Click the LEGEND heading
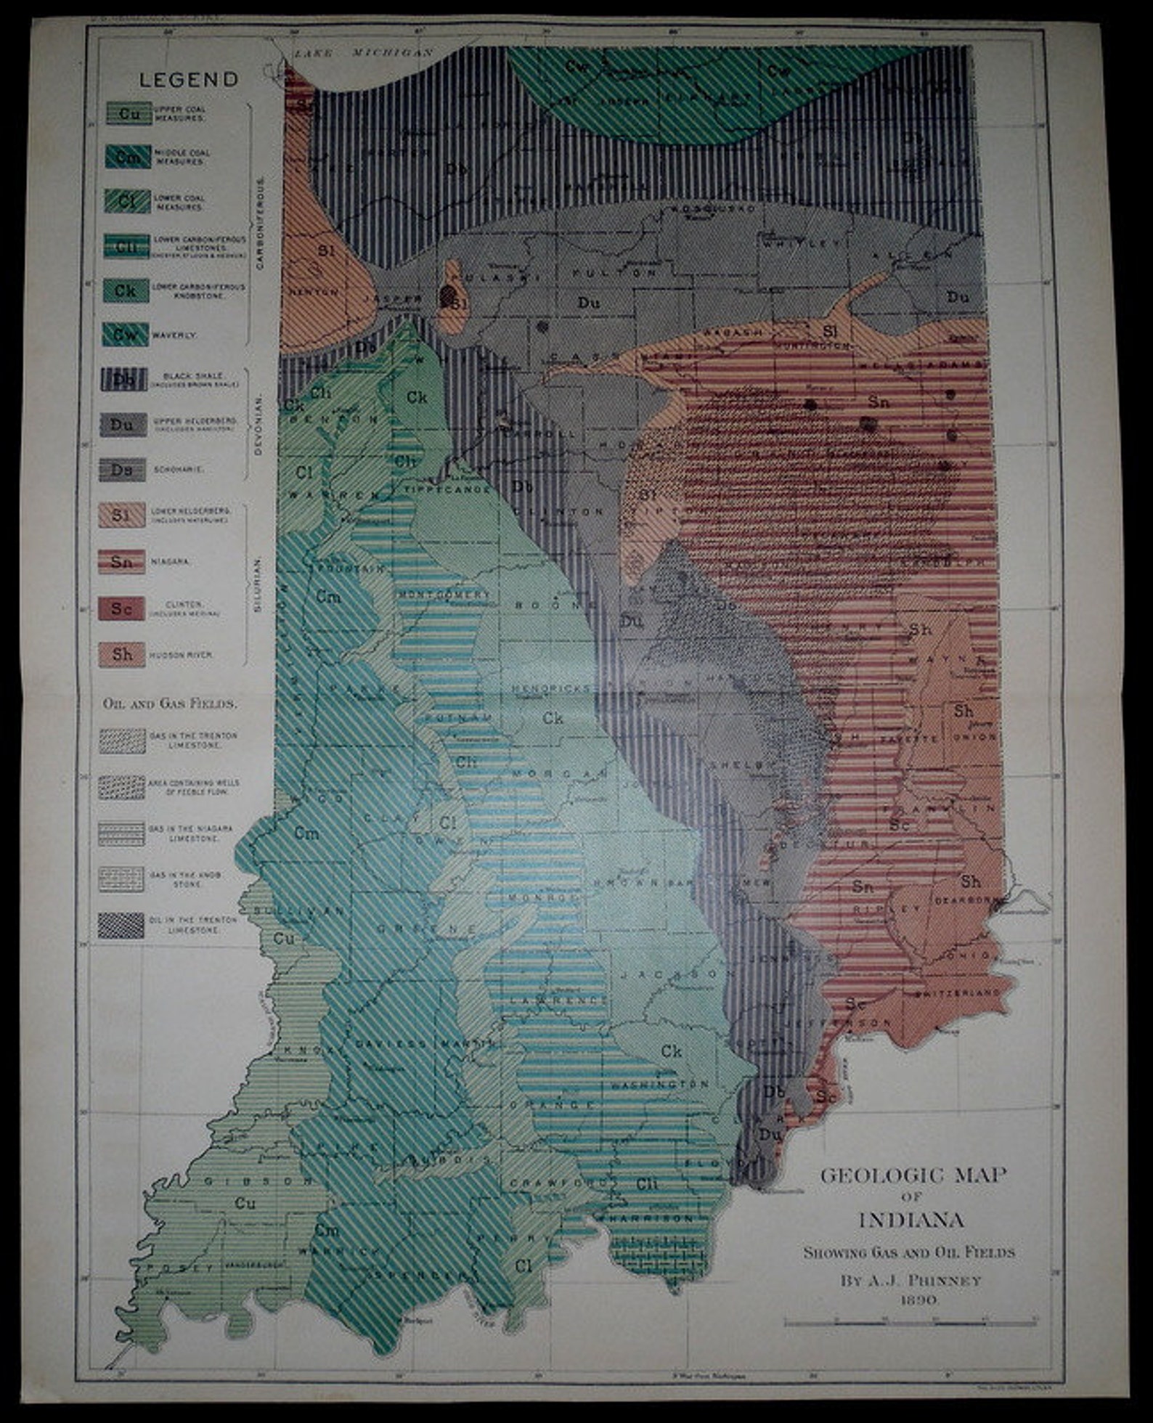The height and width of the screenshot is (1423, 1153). [188, 79]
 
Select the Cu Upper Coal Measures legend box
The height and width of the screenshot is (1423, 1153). [129, 113]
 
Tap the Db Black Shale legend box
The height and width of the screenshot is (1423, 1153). [123, 380]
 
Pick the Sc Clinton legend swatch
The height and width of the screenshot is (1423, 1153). [121, 608]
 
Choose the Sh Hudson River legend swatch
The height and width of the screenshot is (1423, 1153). [121, 654]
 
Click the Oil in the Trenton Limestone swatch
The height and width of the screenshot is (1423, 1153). [121, 925]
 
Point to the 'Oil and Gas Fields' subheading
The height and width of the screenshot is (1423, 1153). [170, 703]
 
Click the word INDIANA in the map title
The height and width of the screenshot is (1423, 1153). [911, 1220]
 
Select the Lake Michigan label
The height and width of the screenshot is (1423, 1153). [363, 53]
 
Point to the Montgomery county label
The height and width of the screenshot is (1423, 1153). [444, 594]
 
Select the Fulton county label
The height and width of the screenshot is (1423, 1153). [614, 274]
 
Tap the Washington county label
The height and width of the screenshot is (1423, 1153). [659, 1084]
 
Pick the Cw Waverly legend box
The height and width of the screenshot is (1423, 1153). [125, 335]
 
